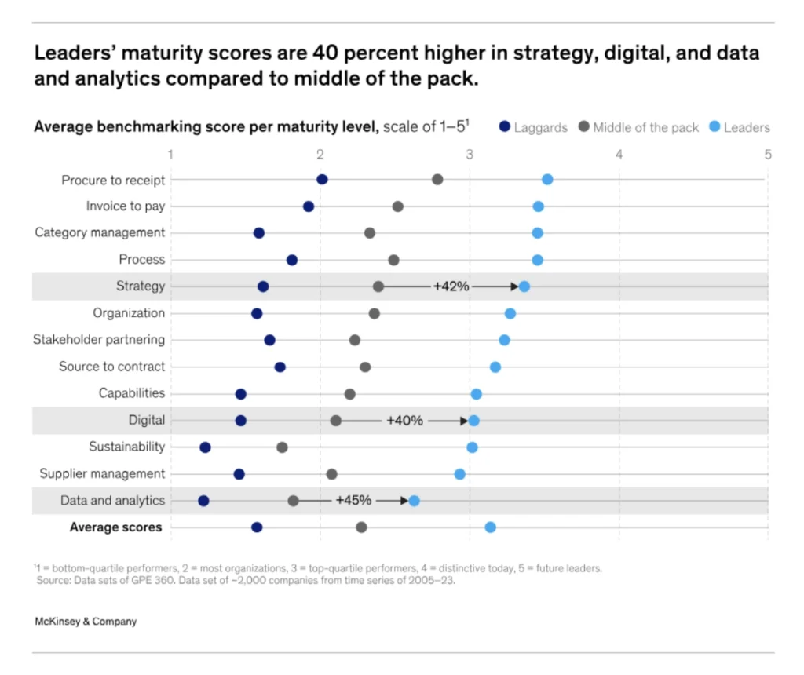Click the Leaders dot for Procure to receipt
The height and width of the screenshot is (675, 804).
pos(547,180)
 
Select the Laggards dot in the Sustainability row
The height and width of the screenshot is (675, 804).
pos(205,447)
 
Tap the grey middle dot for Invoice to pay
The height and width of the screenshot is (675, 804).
pos(398,206)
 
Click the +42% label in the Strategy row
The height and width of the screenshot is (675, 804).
pos(451,286)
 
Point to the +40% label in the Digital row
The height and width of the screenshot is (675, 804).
pos(404,421)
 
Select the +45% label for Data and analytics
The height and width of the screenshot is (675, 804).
pos(353,501)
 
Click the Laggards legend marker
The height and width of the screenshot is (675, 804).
pos(505,127)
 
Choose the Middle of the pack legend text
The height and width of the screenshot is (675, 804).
pos(645,127)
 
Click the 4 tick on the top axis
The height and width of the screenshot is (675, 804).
pos(619,154)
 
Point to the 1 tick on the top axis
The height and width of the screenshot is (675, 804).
pos(170,154)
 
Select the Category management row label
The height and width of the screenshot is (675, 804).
pos(100,233)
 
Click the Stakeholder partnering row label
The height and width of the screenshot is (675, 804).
pos(99,340)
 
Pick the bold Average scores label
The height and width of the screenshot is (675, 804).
pos(115,527)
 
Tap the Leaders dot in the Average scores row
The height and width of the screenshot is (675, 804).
pos(490,527)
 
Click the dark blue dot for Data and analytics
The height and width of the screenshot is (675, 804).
pos(203,501)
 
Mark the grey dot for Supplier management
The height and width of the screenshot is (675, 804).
pos(331,474)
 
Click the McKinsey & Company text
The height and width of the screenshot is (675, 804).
pos(86,622)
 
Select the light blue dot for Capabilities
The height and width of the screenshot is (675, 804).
pos(476,394)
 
